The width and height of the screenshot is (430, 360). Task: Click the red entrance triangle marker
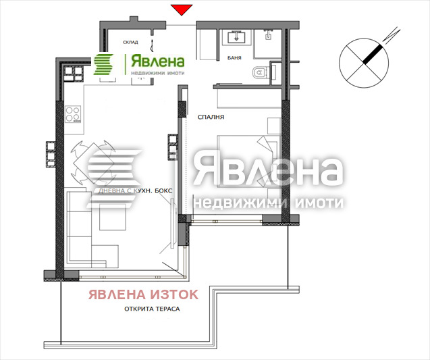tap(181, 9)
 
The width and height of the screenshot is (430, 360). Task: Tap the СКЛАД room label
tap(131, 42)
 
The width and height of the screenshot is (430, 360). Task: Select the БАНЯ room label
tap(236, 58)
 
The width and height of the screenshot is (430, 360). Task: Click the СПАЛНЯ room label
tap(211, 117)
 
